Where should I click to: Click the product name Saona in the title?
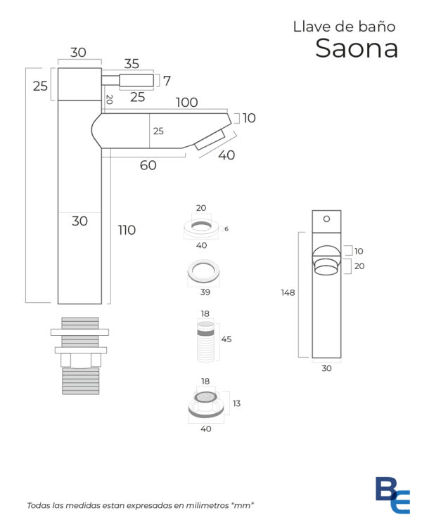(x=357, y=48)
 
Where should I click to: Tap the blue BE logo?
(x=392, y=495)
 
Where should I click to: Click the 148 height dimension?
(x=288, y=293)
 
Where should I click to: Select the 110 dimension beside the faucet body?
(x=127, y=230)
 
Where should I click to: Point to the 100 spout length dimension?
(x=187, y=103)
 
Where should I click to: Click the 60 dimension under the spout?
(x=148, y=165)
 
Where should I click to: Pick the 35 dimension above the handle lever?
(x=132, y=64)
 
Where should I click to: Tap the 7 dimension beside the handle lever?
(x=167, y=81)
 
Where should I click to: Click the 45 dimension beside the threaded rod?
(x=226, y=339)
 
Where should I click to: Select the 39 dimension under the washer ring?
(x=205, y=292)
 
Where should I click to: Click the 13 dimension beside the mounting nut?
(x=236, y=403)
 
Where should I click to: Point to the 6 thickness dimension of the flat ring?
(x=226, y=229)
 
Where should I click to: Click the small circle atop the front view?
(x=326, y=219)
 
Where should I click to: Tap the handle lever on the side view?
(x=136, y=80)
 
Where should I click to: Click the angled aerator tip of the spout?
(x=210, y=140)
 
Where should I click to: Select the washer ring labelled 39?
(x=203, y=271)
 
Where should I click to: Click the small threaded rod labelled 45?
(x=205, y=341)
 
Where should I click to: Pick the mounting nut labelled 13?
(x=206, y=405)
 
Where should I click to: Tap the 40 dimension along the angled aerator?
(x=226, y=155)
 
